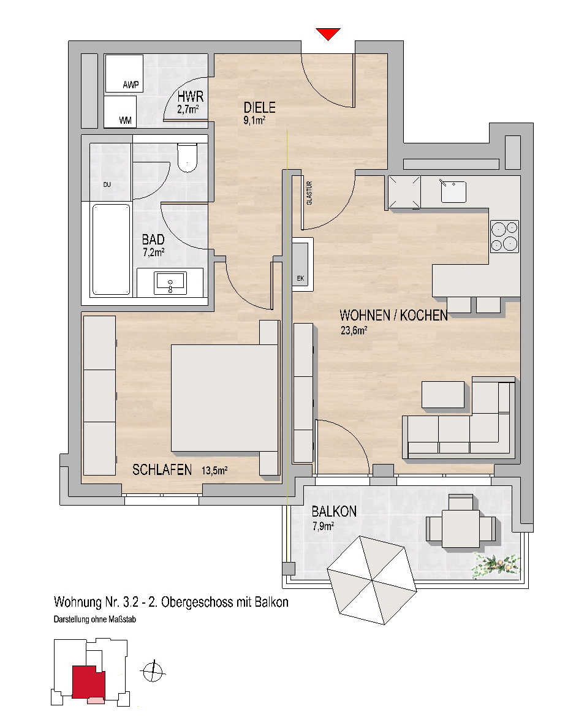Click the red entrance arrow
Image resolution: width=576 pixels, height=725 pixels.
(328, 34)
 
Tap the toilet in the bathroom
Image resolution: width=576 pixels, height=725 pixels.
(188, 158)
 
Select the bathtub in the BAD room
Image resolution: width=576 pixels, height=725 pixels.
(111, 249)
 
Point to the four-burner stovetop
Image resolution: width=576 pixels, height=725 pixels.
(504, 237)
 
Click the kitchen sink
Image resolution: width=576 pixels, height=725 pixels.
(453, 191)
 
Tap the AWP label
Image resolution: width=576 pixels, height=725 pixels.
(131, 85)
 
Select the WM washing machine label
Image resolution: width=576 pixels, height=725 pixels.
(125, 120)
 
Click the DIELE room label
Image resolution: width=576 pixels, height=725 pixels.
(259, 108)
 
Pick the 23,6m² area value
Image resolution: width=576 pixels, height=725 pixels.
(354, 330)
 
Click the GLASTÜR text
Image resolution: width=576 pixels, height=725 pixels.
(309, 193)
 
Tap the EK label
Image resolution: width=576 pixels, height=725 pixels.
(300, 278)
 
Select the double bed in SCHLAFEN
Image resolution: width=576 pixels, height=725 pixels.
(225, 398)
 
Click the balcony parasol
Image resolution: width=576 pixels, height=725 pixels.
(372, 580)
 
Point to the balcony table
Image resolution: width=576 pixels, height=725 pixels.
(460, 528)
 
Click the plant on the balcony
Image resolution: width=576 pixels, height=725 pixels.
(496, 566)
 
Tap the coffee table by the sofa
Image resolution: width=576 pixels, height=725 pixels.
(443, 395)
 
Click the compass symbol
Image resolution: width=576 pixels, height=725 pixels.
(153, 671)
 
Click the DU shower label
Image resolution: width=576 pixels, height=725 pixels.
(107, 184)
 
